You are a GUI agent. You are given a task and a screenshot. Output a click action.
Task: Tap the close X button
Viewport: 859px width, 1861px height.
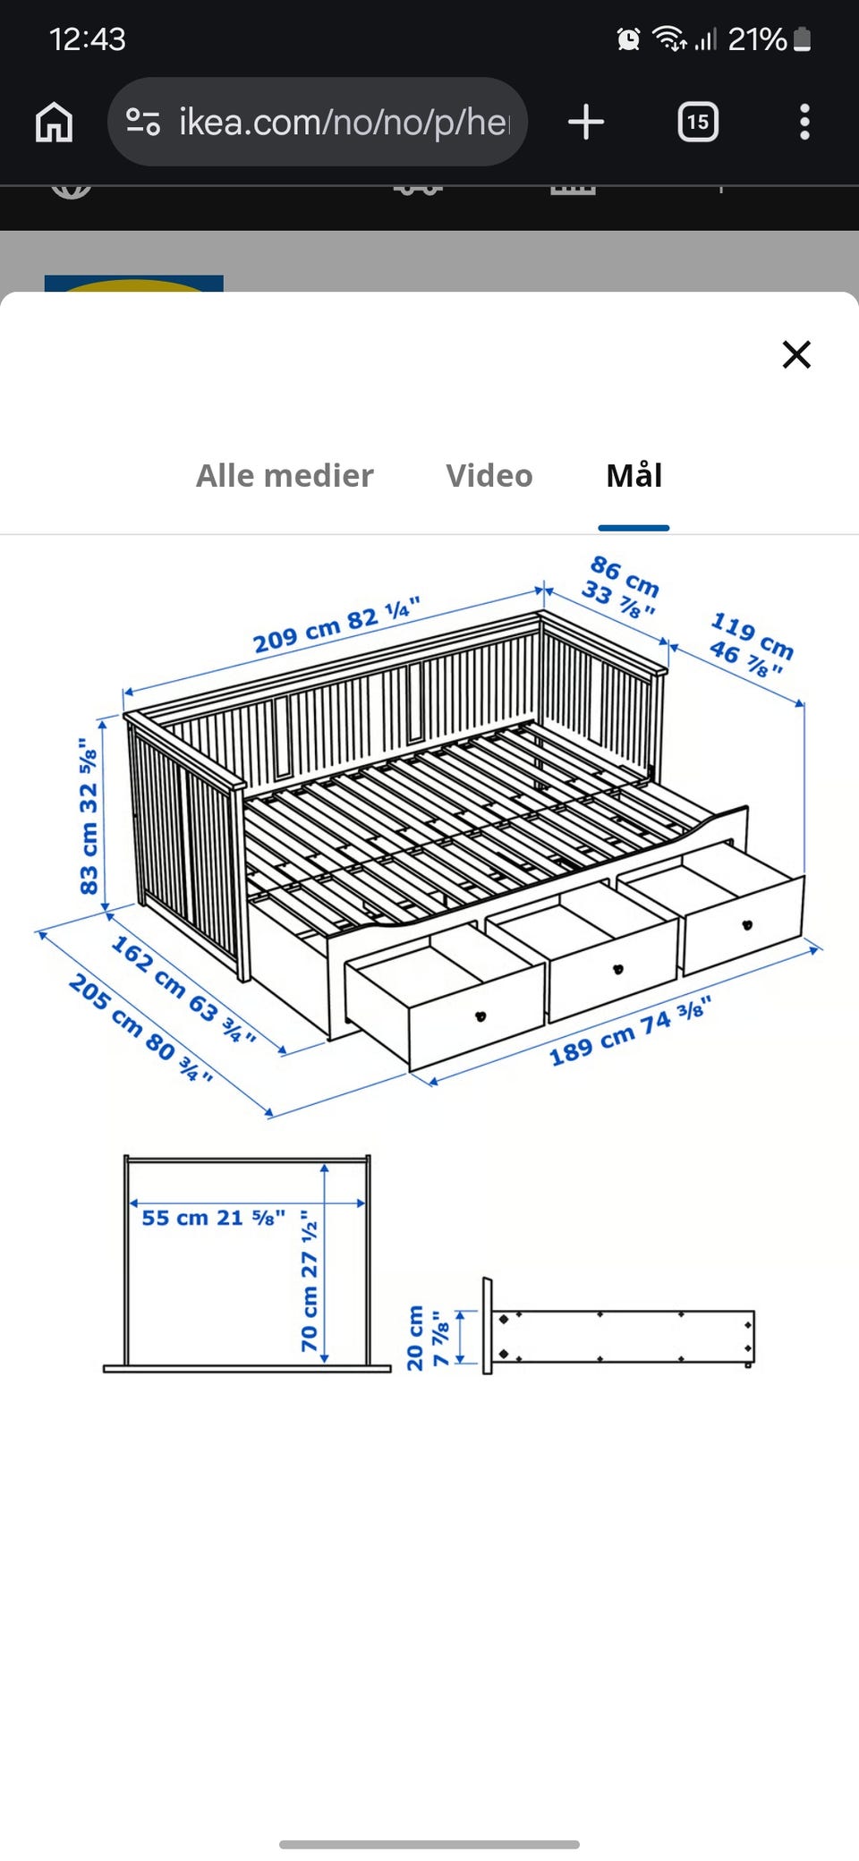pyautogui.click(x=796, y=354)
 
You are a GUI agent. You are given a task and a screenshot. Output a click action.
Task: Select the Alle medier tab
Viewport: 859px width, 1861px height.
pyautogui.click(x=285, y=475)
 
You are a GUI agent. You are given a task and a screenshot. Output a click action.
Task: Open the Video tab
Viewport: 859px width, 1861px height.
pyautogui.click(x=489, y=475)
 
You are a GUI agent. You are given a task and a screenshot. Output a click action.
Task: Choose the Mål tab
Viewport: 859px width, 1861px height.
pyautogui.click(x=634, y=474)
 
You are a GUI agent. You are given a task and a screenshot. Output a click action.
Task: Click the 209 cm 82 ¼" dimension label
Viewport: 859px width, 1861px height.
pyautogui.click(x=336, y=625)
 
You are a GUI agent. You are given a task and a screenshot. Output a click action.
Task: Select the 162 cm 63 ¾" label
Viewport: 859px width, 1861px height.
pyautogui.click(x=183, y=989)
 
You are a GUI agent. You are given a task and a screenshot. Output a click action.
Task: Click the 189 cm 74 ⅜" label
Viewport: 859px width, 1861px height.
pyautogui.click(x=630, y=1032)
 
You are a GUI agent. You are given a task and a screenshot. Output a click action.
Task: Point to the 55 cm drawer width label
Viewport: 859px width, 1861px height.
pyautogui.click(x=213, y=1217)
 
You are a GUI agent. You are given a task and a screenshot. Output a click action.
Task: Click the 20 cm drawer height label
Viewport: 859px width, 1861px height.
pyautogui.click(x=427, y=1338)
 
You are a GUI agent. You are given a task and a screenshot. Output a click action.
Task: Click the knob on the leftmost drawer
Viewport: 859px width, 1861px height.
pyautogui.click(x=481, y=1015)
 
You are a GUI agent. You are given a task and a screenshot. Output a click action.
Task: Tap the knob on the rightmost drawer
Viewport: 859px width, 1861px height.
pyautogui.click(x=747, y=925)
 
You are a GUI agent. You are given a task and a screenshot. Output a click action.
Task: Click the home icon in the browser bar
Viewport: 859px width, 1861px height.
pyautogui.click(x=54, y=122)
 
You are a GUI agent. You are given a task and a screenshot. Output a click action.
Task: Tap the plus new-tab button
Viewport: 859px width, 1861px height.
pyautogui.click(x=586, y=122)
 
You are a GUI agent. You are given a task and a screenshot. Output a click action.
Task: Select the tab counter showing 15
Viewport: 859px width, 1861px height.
pyautogui.click(x=698, y=122)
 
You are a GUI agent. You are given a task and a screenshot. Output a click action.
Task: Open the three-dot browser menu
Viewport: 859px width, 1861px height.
pyautogui.click(x=804, y=122)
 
